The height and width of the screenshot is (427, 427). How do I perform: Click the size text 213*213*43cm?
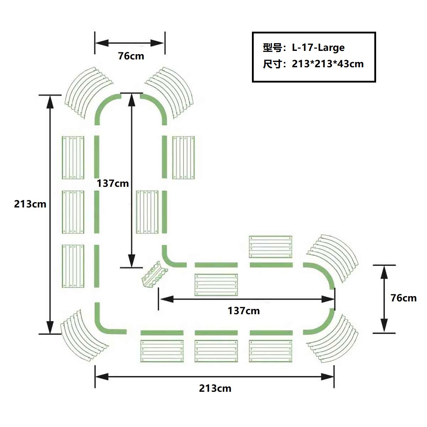click(327, 64)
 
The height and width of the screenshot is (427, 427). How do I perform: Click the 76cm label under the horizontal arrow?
click(131, 56)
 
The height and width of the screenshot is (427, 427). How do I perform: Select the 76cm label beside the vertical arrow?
click(404, 298)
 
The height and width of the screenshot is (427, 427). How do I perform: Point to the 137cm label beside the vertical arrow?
click(112, 184)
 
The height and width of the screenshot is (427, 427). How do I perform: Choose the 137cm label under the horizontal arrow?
click(244, 311)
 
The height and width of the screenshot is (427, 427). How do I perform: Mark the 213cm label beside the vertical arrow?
click(30, 204)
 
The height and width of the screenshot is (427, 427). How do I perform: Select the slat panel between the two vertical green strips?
click(147, 212)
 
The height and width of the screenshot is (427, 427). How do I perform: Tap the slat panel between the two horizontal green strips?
click(216, 285)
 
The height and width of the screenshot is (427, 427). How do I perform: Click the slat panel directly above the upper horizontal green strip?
click(270, 247)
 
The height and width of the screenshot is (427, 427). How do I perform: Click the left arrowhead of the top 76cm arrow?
click(102, 43)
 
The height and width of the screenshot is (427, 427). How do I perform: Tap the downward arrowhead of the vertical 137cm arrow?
click(132, 260)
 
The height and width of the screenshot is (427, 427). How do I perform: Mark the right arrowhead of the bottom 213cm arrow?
click(327, 376)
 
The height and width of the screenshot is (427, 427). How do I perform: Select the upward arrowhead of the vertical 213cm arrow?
click(50, 102)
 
